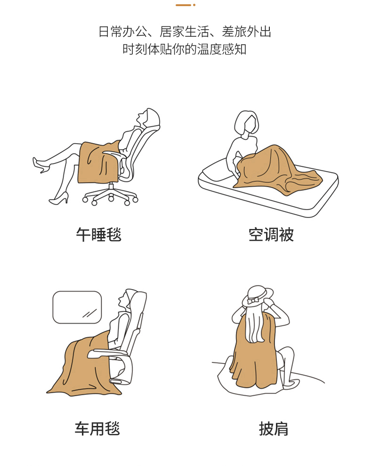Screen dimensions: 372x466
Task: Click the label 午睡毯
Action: point(98,235)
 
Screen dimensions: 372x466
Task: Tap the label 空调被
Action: point(271,235)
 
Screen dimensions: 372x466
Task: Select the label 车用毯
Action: point(97,429)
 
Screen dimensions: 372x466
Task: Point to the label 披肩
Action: point(274,429)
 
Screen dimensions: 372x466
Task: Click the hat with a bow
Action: point(257,296)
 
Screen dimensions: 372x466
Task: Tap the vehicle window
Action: point(77,307)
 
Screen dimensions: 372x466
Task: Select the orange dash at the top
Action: point(183,5)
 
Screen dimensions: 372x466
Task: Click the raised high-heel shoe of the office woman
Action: point(41,165)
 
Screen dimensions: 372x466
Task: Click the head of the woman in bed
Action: point(247,123)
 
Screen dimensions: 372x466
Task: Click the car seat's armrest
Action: point(107,354)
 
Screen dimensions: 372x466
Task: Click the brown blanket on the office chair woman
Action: point(98,162)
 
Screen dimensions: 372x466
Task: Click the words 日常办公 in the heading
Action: point(123,32)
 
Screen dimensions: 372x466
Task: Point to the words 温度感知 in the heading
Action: point(222,49)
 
